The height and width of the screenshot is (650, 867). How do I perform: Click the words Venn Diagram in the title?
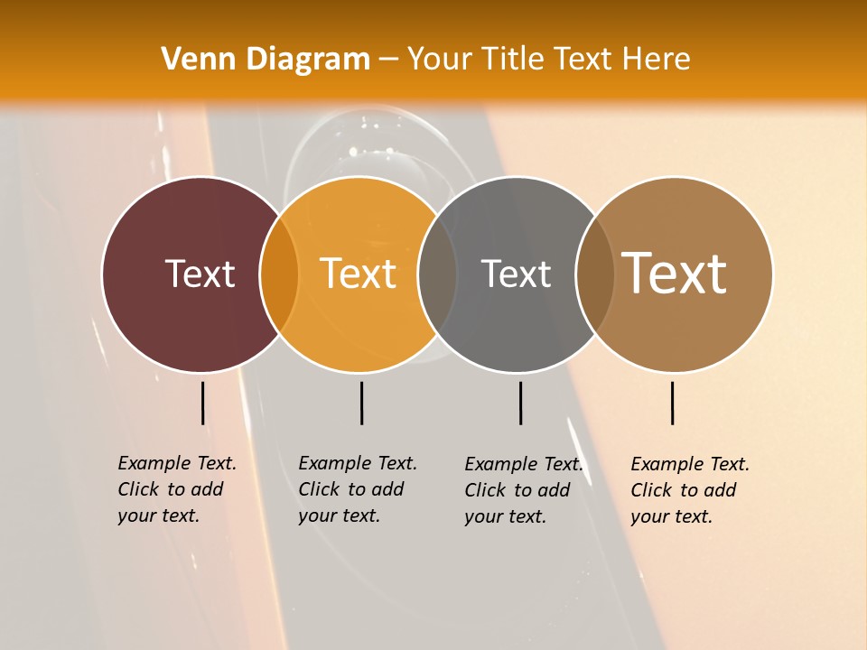point(266,60)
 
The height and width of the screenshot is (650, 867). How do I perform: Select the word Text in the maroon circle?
point(200,274)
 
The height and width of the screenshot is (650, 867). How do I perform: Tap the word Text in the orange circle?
point(359,274)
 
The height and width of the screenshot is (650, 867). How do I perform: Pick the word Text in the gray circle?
point(516,274)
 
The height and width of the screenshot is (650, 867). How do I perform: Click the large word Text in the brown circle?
point(675,274)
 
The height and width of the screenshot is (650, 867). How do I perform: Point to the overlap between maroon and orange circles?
point(279,274)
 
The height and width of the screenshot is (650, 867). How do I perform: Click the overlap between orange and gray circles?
point(437,274)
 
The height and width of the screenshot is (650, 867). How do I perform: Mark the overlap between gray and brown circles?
point(594,274)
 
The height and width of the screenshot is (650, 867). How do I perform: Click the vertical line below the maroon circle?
point(202,403)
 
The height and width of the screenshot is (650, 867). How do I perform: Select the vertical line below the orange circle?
point(361,403)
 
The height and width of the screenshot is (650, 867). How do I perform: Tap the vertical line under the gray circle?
point(520,403)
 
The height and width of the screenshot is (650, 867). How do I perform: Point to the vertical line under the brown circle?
point(672,403)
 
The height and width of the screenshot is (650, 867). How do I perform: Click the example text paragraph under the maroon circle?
point(176,489)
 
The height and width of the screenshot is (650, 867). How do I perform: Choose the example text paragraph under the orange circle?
point(357,489)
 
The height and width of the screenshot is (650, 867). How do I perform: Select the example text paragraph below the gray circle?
point(523,490)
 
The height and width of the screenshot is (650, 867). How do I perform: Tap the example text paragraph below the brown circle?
point(689,490)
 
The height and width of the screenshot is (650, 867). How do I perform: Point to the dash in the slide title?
point(388,60)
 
